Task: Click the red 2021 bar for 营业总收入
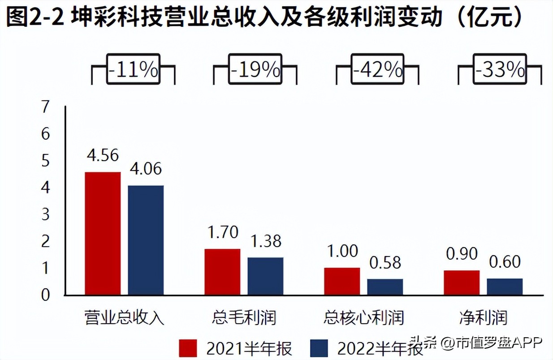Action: click(x=103, y=233)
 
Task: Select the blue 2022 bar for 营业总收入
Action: click(x=146, y=240)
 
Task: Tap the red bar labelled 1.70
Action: click(x=222, y=272)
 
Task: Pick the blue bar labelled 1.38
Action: click(x=265, y=276)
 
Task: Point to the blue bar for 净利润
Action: click(x=505, y=287)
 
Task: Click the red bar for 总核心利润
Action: click(x=342, y=281)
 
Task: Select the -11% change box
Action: click(x=133, y=70)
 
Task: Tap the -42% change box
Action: click(x=377, y=70)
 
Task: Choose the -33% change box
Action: click(x=500, y=70)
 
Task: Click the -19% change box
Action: click(x=255, y=70)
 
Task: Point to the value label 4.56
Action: click(x=103, y=155)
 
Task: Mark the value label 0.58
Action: click(x=385, y=262)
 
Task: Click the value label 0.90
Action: click(x=462, y=253)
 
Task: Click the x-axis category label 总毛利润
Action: click(x=244, y=317)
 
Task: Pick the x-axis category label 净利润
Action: click(x=483, y=317)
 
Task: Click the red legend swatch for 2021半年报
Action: click(x=188, y=347)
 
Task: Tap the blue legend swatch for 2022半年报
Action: click(x=319, y=347)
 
